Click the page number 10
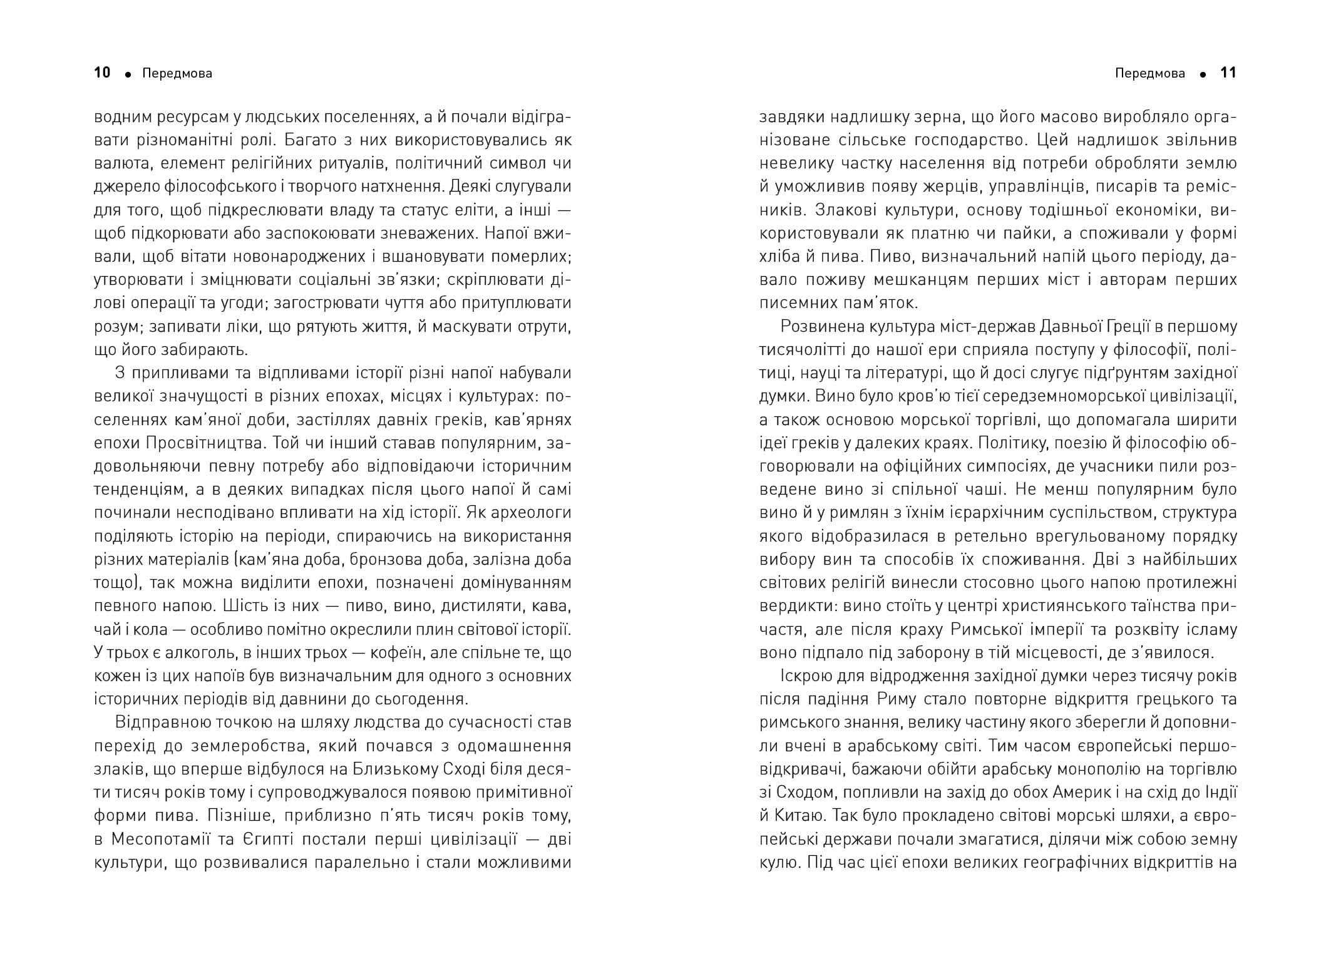[102, 73]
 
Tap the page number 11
[1228, 73]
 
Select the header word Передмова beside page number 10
[177, 74]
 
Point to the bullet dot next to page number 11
[1203, 75]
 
